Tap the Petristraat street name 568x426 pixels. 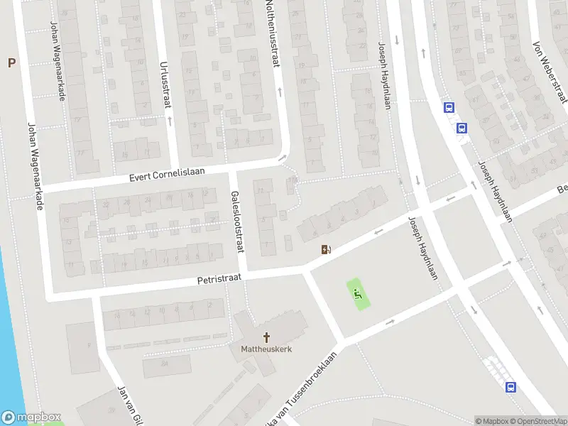click(221, 280)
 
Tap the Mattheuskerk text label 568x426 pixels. click(267, 349)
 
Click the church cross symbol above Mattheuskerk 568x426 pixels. click(267, 337)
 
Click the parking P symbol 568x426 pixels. click(11, 63)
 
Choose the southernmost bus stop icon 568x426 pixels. click(510, 387)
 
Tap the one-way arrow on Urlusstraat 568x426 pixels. click(170, 119)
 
